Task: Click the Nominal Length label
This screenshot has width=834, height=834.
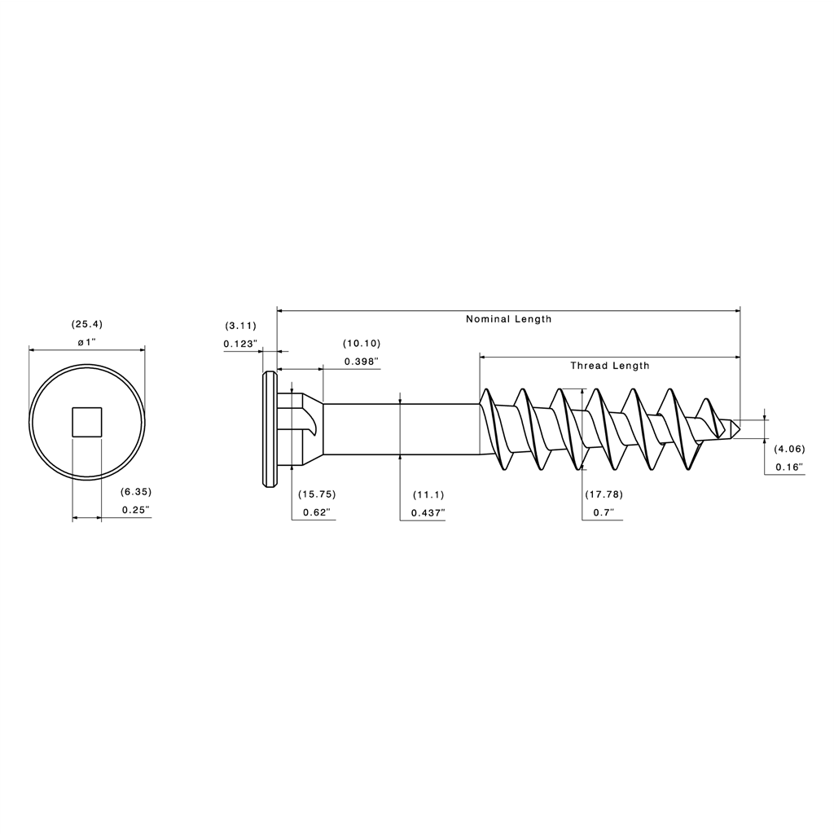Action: (x=508, y=319)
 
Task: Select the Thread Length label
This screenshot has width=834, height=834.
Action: (x=609, y=366)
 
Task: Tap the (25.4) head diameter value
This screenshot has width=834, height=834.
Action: (x=88, y=324)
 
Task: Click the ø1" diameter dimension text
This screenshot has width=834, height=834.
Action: (x=87, y=342)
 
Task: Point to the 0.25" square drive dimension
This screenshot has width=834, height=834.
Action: (x=135, y=510)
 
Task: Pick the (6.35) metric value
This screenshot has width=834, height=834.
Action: (x=136, y=492)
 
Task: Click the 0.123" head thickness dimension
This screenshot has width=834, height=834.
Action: (x=240, y=344)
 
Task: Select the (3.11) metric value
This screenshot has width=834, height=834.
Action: (x=240, y=326)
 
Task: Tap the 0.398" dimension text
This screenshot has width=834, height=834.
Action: (x=362, y=361)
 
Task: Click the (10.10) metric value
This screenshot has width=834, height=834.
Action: (x=362, y=343)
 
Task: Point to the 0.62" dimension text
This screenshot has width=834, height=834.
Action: (x=316, y=512)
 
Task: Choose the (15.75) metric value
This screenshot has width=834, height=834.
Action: (x=317, y=494)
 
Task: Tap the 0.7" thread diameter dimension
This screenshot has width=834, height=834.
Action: (x=603, y=512)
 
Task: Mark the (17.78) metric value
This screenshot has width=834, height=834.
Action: (x=604, y=494)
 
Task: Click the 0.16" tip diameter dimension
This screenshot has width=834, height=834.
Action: (x=788, y=467)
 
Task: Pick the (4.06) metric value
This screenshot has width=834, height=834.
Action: (x=789, y=449)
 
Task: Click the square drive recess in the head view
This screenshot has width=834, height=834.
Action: (x=87, y=423)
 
